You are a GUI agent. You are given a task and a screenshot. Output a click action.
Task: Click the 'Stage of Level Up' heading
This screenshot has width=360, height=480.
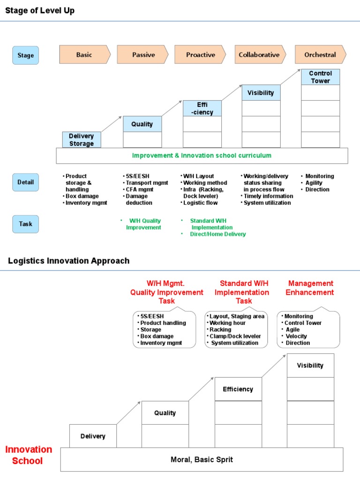coord(40,11)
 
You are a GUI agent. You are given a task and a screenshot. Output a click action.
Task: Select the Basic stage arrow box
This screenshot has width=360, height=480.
coord(84,55)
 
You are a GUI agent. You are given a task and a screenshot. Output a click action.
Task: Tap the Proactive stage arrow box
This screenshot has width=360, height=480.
coord(200,55)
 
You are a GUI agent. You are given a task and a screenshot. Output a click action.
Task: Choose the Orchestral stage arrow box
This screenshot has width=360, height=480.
coord(320,55)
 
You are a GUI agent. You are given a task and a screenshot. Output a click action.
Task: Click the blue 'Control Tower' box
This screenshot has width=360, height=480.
coord(321,77)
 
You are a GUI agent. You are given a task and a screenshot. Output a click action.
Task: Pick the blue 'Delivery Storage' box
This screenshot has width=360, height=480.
coord(82,140)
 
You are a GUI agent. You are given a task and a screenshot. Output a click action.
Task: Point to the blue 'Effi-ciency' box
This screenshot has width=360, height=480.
coord(202,108)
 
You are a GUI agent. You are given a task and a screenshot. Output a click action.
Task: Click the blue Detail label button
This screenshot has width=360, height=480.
coord(25,182)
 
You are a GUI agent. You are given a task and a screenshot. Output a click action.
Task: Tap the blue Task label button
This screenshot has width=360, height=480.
coord(25,224)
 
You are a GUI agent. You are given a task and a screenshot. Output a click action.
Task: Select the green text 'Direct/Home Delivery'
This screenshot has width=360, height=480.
coord(217,234)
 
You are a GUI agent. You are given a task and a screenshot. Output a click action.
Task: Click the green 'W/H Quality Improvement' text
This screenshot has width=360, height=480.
coord(143,224)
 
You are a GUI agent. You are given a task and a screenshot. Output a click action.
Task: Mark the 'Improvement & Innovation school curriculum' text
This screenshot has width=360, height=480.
coord(202,156)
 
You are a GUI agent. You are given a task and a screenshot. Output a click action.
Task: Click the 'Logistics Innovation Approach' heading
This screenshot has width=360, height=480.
coord(69,261)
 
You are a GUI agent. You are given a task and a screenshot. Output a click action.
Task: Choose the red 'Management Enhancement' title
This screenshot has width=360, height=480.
coord(310,288)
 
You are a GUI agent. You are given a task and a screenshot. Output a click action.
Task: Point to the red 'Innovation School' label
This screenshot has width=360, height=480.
coord(29,455)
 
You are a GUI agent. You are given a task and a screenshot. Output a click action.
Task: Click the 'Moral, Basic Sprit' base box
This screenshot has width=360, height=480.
coord(202,459)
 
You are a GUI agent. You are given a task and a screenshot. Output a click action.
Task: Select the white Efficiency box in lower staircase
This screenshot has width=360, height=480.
coord(238,389)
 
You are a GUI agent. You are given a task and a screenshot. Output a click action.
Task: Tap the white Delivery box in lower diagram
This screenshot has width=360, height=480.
coord(93,436)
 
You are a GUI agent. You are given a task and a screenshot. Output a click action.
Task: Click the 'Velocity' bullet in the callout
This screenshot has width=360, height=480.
coord(296,336)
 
